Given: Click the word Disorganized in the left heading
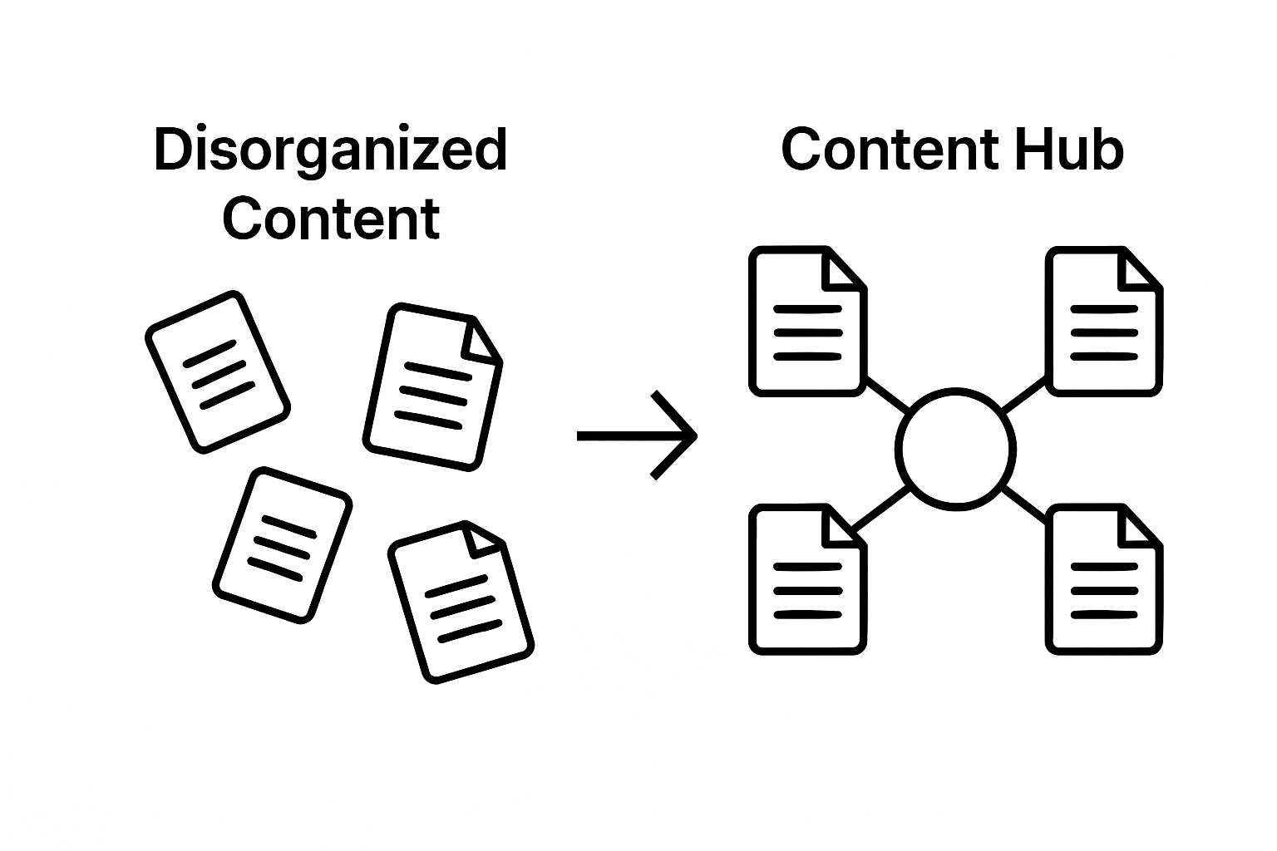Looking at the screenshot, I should [330, 150].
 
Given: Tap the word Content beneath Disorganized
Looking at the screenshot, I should [330, 219].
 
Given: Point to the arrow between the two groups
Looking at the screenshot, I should [637, 435].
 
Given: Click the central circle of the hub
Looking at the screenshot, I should [956, 448].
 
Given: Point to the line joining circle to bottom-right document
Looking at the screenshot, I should [1024, 504].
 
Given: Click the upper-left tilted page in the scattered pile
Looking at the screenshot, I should [218, 371].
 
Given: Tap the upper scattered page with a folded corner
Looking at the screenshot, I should [433, 386].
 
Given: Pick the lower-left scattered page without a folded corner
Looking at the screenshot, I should [283, 544].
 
